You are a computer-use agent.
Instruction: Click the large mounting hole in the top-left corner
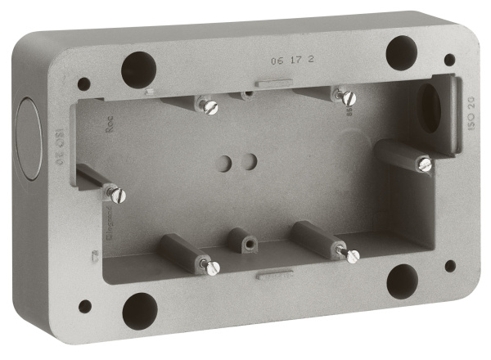pyautogui.click(x=138, y=70)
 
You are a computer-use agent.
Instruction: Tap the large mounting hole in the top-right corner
pyautogui.click(x=402, y=52)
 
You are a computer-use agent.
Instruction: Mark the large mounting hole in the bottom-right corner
pyautogui.click(x=402, y=281)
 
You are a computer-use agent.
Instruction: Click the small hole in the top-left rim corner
pyautogui.click(x=83, y=83)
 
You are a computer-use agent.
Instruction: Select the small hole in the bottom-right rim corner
pyautogui.click(x=450, y=266)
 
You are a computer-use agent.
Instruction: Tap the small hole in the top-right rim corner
pyautogui.click(x=449, y=60)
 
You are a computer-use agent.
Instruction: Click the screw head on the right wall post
pyautogui.click(x=424, y=164)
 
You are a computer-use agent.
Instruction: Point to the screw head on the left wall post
pyautogui.click(x=118, y=195)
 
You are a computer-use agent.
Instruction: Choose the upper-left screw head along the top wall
pyautogui.click(x=210, y=107)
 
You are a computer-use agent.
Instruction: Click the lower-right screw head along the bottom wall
pyautogui.click(x=352, y=256)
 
